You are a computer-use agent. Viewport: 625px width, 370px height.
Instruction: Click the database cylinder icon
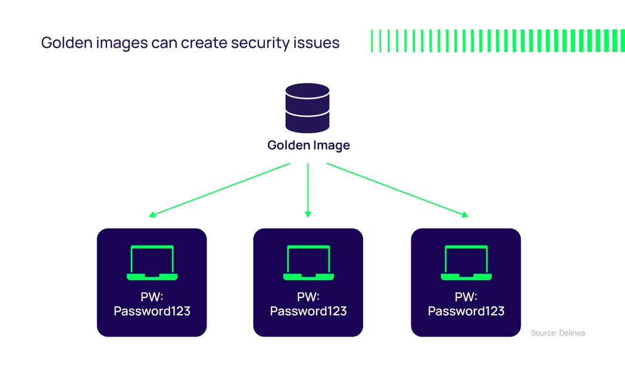[x=307, y=108]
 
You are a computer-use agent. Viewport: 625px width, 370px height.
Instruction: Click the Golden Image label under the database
[x=308, y=145]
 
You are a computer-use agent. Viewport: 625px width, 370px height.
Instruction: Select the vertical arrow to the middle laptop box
[x=308, y=189]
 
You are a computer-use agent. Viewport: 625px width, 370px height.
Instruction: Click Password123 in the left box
[x=152, y=311]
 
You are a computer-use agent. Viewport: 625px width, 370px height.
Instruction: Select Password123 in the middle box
[x=308, y=311]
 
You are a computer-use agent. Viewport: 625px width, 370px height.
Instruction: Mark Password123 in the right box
[x=466, y=311]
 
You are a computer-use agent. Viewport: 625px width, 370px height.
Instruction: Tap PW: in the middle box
[x=308, y=296]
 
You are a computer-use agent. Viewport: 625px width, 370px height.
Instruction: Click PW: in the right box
[x=466, y=296]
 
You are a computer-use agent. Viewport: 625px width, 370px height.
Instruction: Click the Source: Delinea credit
[x=558, y=333]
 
